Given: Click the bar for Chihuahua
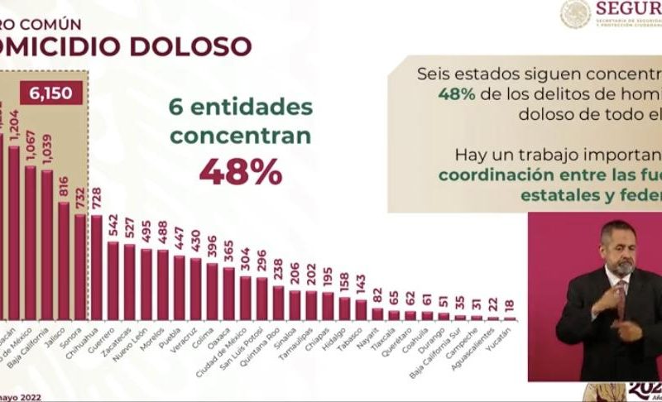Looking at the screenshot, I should (x=97, y=268).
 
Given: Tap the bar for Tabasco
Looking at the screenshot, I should (x=362, y=310).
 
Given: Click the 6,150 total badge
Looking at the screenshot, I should (x=55, y=93).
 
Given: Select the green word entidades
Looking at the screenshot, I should (x=253, y=107).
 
